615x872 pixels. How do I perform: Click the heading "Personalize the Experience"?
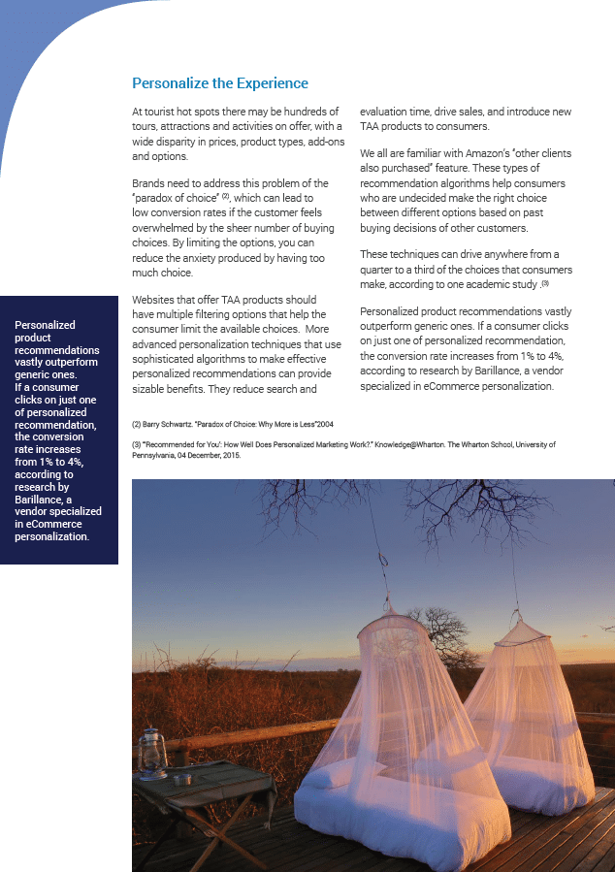tap(220, 83)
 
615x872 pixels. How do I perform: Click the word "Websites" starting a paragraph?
tap(156, 300)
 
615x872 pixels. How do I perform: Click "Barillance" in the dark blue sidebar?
tap(40, 499)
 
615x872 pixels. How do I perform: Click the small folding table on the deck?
tap(194, 786)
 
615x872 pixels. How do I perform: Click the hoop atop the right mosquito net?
tap(524, 628)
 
